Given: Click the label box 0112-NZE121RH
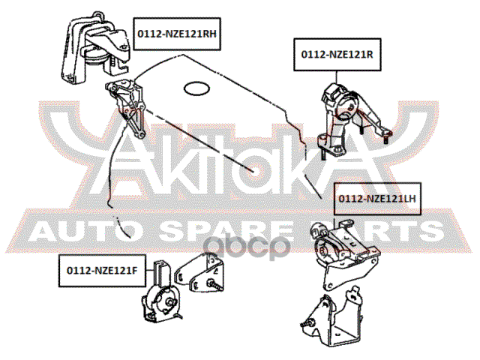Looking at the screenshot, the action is click(177, 34).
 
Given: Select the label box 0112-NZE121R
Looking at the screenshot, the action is click(337, 55).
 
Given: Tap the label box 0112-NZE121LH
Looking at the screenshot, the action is click(377, 199).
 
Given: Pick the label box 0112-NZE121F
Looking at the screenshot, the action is click(102, 271).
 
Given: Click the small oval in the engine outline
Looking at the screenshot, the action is click(196, 88).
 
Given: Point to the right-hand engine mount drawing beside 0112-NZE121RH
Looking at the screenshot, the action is click(95, 48).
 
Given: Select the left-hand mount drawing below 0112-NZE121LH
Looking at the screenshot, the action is click(344, 254).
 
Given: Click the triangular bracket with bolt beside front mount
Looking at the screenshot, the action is click(199, 272).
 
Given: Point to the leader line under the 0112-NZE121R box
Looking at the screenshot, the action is click(337, 77).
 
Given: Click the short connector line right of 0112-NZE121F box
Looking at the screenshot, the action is click(150, 271).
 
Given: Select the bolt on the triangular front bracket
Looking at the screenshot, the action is click(215, 285).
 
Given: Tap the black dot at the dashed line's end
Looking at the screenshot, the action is click(253, 171).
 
